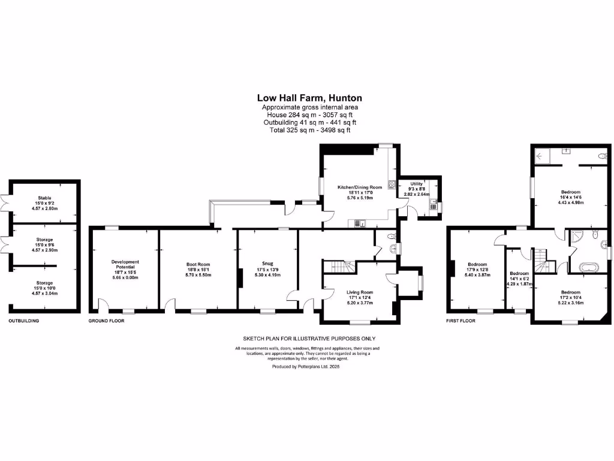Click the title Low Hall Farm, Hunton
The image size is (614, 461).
point(309,97)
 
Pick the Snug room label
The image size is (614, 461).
point(267,262)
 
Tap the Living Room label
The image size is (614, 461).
point(360,292)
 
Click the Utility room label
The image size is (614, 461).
point(416,184)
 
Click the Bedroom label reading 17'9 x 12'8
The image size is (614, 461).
point(477,265)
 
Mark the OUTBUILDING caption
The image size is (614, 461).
point(24,321)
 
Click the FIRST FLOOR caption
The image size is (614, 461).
point(461,321)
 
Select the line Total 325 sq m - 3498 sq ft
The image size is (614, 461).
point(309,130)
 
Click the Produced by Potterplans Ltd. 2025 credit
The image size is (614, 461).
point(306,366)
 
